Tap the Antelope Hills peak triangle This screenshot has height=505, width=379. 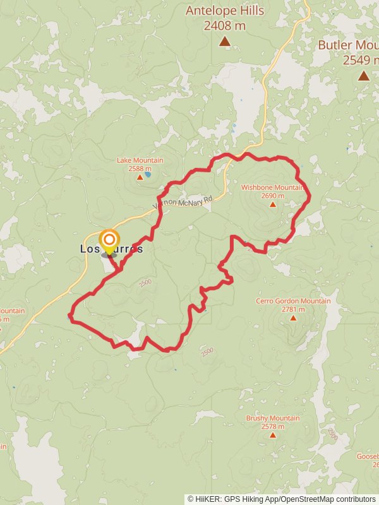224,42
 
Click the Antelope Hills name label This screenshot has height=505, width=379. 224,11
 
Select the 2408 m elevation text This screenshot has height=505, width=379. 224,26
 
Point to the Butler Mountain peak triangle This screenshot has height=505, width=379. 363,76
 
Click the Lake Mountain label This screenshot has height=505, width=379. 140,160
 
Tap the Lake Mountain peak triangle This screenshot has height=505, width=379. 140,177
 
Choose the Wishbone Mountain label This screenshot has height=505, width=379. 272,187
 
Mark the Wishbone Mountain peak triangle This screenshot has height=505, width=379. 272,205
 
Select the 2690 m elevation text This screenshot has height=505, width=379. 272,196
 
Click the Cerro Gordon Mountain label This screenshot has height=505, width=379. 293,301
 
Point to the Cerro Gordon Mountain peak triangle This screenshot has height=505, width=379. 293,318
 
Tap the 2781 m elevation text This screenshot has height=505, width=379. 293,309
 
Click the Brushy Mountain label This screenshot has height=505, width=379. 273,418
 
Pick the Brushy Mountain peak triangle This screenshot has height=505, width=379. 273,435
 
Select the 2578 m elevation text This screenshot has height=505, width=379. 273,426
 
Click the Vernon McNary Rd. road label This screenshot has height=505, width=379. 183,203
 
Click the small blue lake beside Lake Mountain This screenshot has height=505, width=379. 148,175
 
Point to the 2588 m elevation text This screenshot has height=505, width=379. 140,169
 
